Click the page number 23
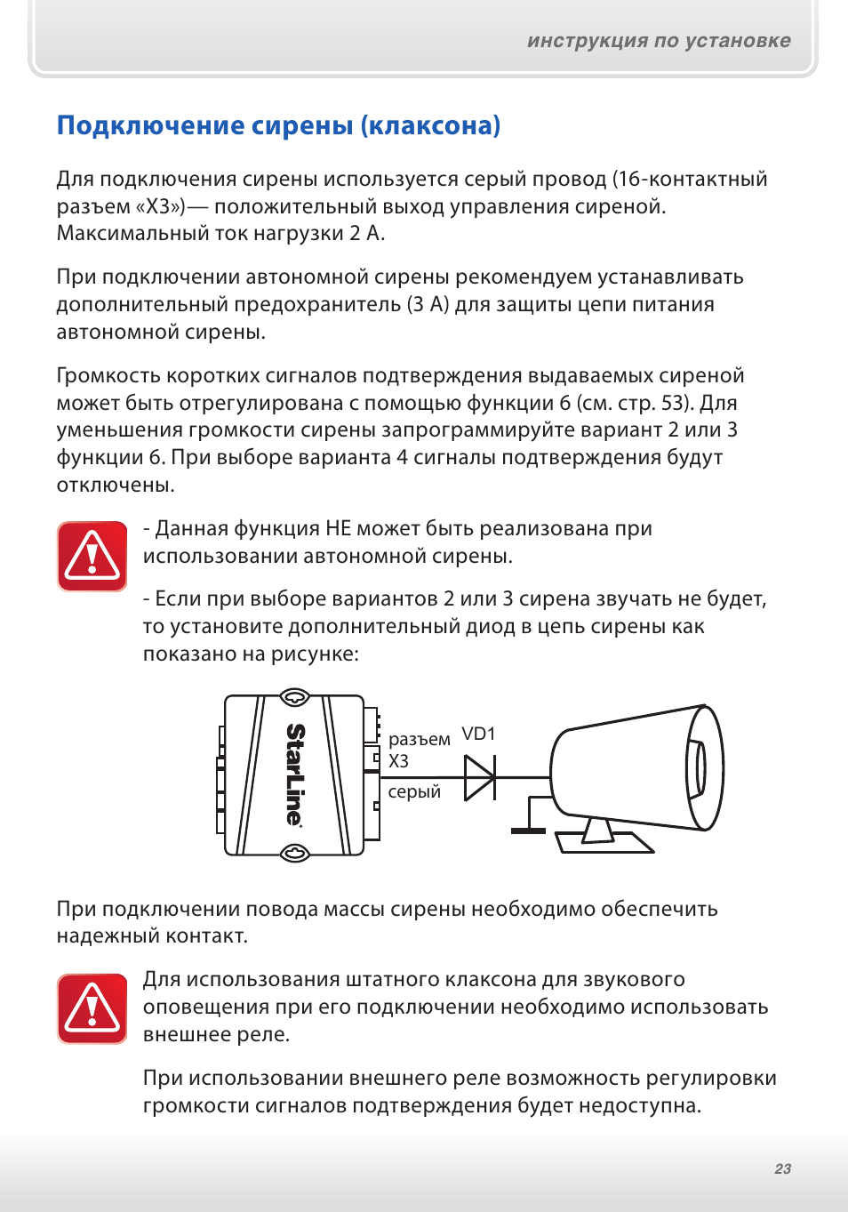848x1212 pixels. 782,1168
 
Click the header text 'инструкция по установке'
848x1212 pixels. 659,41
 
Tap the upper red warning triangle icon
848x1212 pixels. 92,557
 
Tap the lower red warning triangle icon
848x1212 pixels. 92,1008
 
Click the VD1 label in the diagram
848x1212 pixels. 478,734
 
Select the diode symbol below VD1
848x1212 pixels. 480,777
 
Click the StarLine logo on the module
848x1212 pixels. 295,775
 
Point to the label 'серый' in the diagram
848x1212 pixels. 414,792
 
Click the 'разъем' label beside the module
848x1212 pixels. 419,740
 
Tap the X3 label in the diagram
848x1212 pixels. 398,762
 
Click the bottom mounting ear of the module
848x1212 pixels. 294,854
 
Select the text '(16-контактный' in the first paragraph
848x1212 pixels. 689,179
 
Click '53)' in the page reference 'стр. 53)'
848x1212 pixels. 676,403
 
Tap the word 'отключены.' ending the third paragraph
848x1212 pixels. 116,486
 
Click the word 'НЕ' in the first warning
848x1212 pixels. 338,529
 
